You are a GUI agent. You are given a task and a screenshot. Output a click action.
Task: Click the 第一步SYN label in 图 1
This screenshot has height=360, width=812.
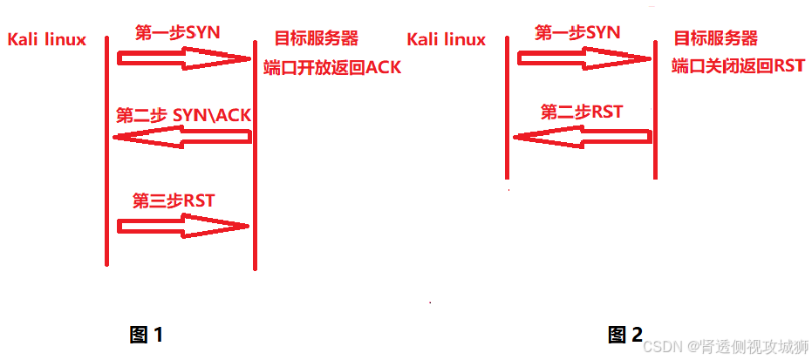click(x=178, y=33)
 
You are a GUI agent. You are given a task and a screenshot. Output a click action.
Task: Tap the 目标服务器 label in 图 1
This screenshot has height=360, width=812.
click(x=316, y=38)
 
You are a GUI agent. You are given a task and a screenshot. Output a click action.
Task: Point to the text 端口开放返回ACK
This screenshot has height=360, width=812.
click(x=332, y=67)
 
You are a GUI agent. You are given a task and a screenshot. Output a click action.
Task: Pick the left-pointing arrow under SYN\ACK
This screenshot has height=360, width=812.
click(x=182, y=137)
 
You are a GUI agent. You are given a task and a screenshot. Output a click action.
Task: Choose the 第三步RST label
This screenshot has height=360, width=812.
click(x=173, y=200)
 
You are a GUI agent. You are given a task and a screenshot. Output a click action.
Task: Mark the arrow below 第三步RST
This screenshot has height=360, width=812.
click(x=183, y=227)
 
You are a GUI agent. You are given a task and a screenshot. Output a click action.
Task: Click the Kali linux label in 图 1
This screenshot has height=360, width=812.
click(x=46, y=40)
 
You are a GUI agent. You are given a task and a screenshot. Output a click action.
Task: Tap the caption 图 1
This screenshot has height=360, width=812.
click(x=147, y=334)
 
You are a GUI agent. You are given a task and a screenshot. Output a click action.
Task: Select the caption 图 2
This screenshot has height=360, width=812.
click(x=625, y=334)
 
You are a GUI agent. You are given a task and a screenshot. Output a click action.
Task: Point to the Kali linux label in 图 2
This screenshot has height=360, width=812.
click(x=446, y=39)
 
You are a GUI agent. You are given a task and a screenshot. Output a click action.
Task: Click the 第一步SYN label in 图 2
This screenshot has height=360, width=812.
click(x=577, y=33)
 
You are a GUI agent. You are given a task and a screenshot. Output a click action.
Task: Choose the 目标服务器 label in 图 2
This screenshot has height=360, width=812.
click(x=715, y=38)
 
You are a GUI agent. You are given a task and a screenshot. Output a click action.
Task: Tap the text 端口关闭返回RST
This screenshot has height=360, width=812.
click(x=738, y=66)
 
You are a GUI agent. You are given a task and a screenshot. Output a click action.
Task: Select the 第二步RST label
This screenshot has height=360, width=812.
click(x=581, y=112)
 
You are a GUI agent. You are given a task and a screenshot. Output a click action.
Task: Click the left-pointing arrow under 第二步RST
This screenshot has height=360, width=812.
click(x=582, y=136)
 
